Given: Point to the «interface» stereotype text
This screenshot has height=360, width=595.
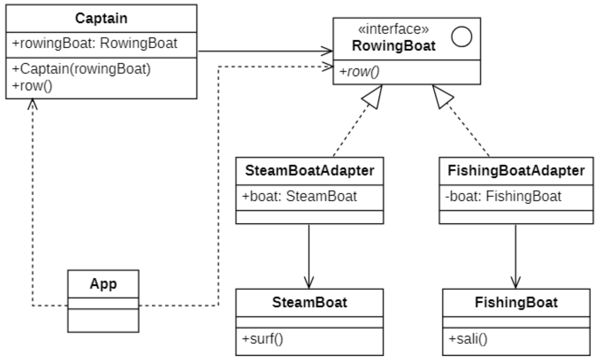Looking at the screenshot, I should [x=393, y=29].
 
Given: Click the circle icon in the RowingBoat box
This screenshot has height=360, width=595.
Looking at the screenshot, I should [x=461, y=37].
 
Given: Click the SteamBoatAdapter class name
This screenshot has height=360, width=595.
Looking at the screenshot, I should [x=310, y=171].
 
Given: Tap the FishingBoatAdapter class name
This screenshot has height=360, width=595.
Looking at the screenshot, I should [x=515, y=171].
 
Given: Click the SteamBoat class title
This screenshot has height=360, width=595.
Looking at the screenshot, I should [x=310, y=302].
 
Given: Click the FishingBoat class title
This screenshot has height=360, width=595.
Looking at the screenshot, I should [x=516, y=302].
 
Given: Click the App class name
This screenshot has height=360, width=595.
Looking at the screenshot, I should [x=103, y=285].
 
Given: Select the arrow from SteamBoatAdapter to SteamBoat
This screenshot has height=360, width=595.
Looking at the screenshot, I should [x=309, y=255].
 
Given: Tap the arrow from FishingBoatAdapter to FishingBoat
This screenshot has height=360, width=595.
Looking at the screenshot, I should [x=515, y=255].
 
